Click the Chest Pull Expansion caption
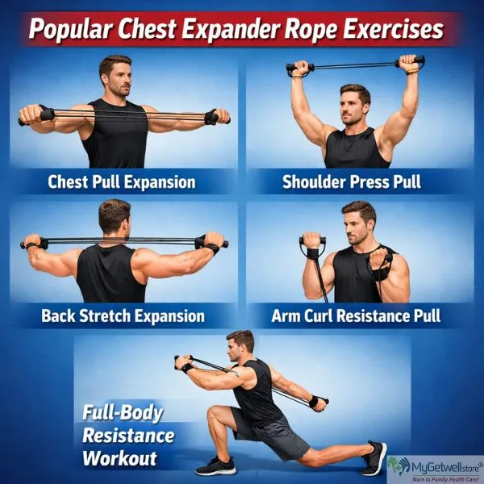121,181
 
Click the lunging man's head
241,346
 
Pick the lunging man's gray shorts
266,432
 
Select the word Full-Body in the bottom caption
121,413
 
